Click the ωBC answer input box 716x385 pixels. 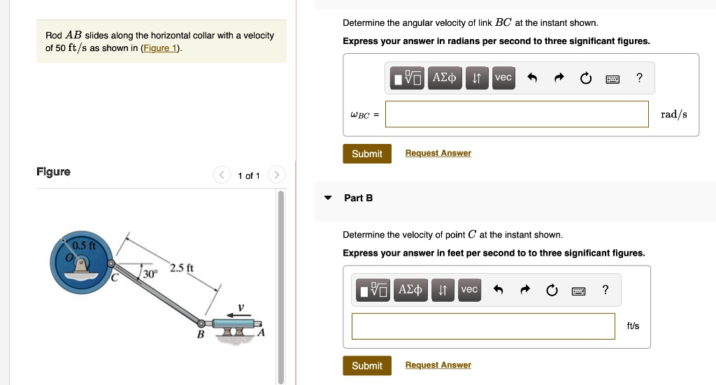pyautogui.click(x=517, y=114)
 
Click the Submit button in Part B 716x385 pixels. pyautogui.click(x=367, y=365)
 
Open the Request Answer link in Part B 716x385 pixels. pyautogui.click(x=438, y=365)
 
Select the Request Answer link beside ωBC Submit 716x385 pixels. pyautogui.click(x=438, y=153)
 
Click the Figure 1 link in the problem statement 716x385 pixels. pyautogui.click(x=160, y=48)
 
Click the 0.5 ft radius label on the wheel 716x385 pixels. pyautogui.click(x=84, y=246)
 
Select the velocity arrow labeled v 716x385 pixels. pyautogui.click(x=242, y=315)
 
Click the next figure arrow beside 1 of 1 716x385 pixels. pyautogui.click(x=276, y=175)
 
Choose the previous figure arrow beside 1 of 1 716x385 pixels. pyautogui.click(x=222, y=175)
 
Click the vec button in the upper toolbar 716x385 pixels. pyautogui.click(x=503, y=78)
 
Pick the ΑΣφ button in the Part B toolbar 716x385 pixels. pyautogui.click(x=409, y=290)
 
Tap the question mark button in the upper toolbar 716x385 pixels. pyautogui.click(x=639, y=78)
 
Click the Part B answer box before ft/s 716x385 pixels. pyautogui.click(x=483, y=326)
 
